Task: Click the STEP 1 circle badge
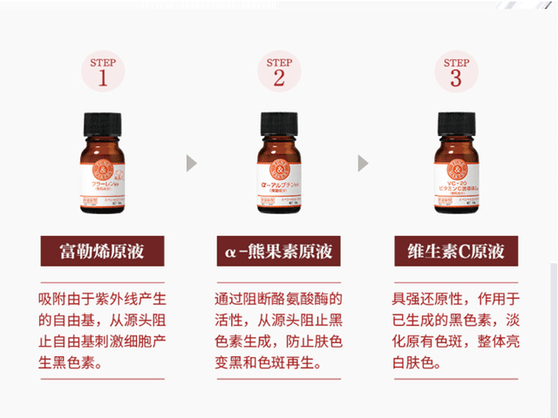point(102,72)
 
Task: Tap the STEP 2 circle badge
point(279,72)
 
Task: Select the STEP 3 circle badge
point(456,72)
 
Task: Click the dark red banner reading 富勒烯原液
point(102,253)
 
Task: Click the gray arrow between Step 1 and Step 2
point(191,163)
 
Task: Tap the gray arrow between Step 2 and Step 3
point(364,163)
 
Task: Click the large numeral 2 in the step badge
point(279,78)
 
